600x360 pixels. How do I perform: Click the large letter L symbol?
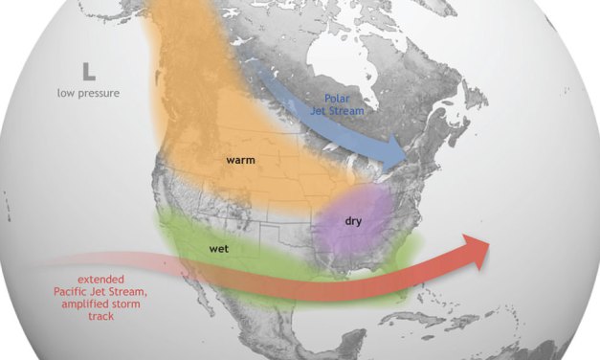point(87,71)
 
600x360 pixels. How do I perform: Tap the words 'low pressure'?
point(87,93)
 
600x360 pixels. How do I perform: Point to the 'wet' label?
point(217,249)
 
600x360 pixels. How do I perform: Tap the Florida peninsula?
point(402,283)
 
